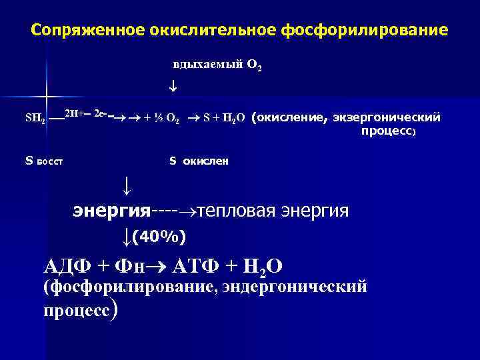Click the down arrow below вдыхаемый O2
(173, 87)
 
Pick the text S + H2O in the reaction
(225, 119)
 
